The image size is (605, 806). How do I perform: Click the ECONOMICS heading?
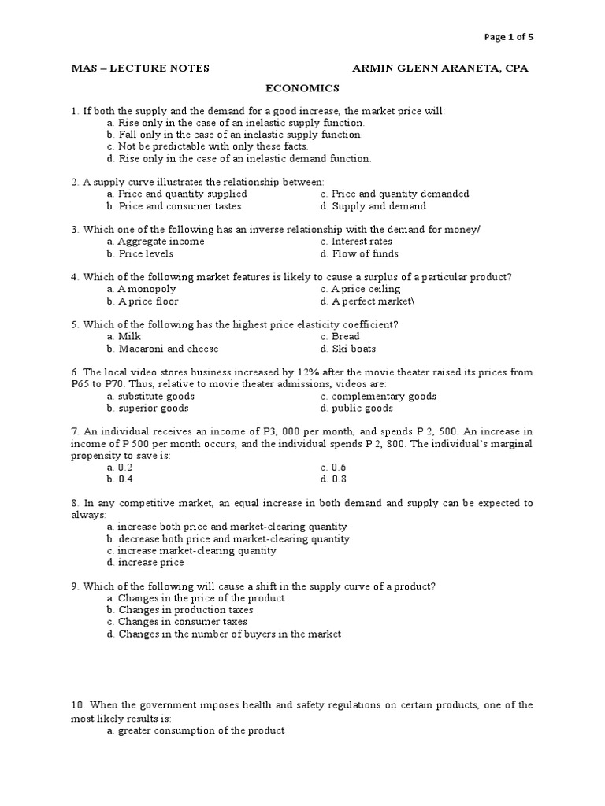coord(302,88)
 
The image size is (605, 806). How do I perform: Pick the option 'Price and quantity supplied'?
coord(182,194)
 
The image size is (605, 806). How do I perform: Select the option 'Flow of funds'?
coord(365,253)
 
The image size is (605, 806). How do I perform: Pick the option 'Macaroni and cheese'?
coord(168,349)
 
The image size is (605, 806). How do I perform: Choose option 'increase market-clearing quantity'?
coord(197,551)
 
